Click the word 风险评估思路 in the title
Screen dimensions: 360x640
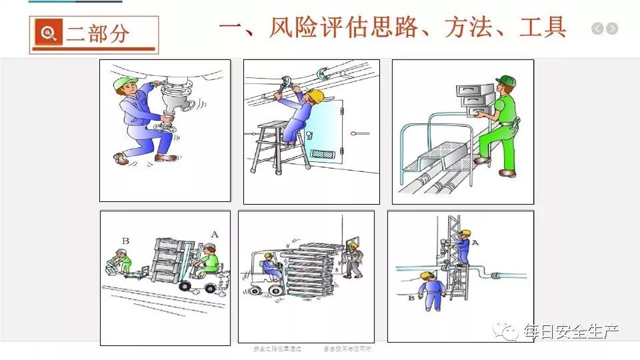point(309,27)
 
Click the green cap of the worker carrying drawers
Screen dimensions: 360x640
point(506,81)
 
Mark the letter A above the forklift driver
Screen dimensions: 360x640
point(213,235)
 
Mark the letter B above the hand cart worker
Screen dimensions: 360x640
point(125,240)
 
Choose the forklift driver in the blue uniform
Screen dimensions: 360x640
point(271,267)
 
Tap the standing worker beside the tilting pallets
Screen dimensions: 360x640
point(351,259)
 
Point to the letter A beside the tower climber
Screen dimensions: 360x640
point(475,243)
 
